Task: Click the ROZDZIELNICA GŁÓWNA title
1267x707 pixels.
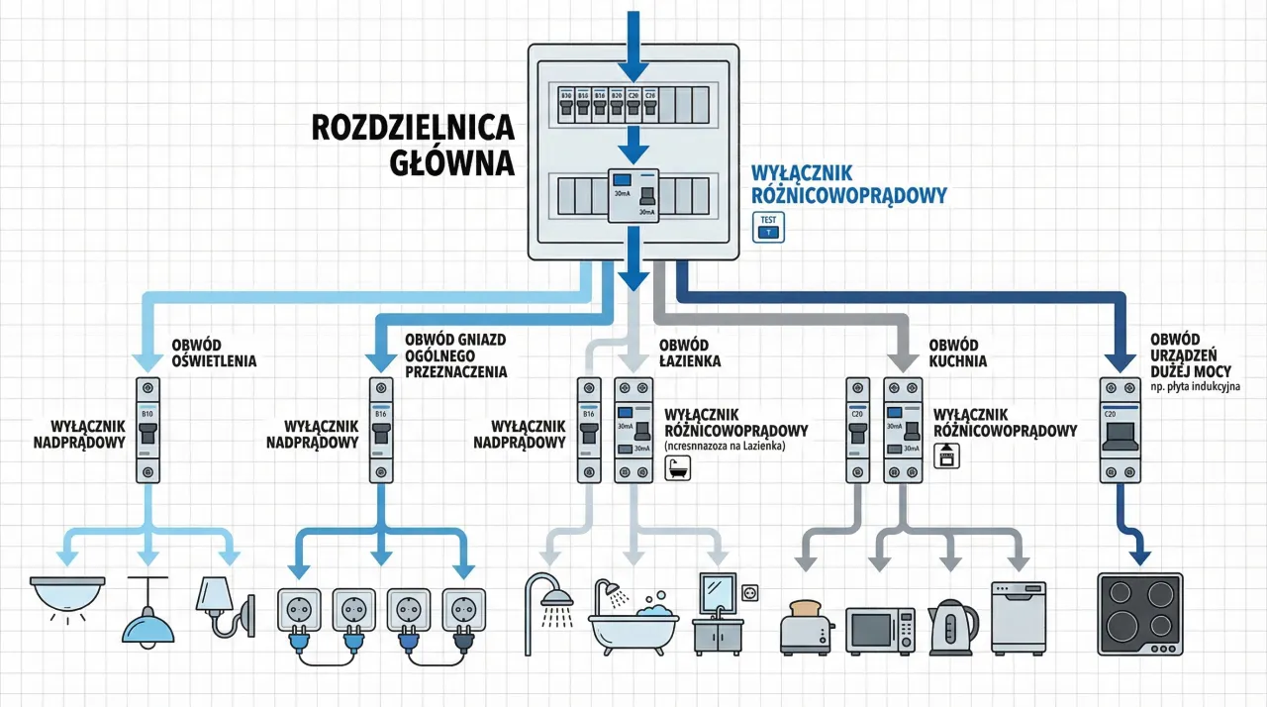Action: tap(413, 144)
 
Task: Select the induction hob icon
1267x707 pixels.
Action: tap(1139, 614)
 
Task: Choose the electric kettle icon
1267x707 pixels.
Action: tap(953, 627)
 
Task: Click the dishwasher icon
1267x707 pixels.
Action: tap(1019, 618)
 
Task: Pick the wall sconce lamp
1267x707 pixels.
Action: tap(226, 606)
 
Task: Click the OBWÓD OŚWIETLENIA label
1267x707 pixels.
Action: tap(214, 353)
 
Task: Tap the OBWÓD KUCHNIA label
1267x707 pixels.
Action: tap(957, 353)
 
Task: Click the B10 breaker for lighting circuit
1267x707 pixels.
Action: tap(147, 430)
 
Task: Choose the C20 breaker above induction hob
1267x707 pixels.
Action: tap(1121, 430)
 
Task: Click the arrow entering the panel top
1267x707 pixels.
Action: tap(633, 45)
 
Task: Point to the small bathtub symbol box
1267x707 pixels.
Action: tap(678, 467)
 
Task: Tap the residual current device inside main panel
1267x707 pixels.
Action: tap(633, 196)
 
